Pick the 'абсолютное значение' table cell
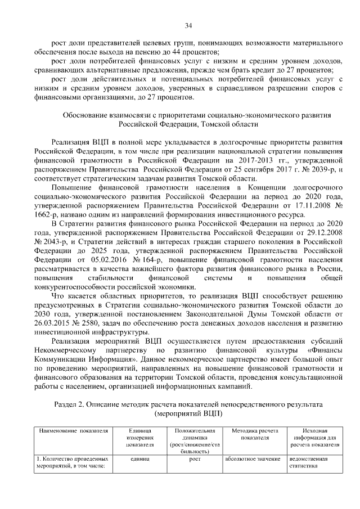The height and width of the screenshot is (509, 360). [x=251, y=459]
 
